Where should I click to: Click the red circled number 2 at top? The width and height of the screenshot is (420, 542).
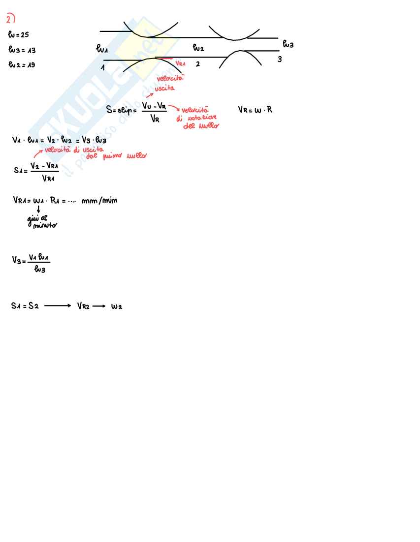tap(11, 19)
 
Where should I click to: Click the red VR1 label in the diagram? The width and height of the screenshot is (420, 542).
tap(180, 63)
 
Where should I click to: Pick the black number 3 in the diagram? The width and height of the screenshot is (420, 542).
tap(280, 60)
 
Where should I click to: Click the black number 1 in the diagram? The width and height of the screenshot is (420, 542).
tap(103, 67)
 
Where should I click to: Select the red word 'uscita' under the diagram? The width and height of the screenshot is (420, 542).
tap(164, 89)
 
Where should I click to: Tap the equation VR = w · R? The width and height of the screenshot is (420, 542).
tap(255, 110)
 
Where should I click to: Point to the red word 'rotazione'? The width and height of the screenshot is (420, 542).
tap(199, 118)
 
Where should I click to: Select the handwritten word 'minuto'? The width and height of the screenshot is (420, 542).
tap(45, 225)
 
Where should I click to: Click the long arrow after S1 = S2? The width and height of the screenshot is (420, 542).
tap(58, 306)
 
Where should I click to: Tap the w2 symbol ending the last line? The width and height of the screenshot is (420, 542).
tap(117, 306)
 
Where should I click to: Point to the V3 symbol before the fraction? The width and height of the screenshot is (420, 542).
tap(18, 260)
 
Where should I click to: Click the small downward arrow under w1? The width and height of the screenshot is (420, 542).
tap(38, 209)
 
